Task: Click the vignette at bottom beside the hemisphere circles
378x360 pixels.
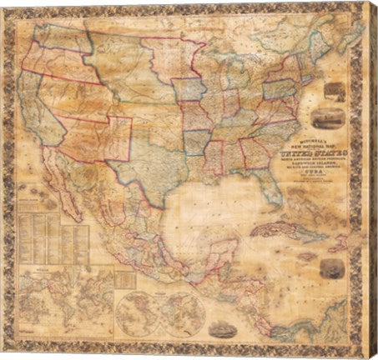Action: (220, 330)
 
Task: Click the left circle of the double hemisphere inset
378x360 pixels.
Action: (135, 307)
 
